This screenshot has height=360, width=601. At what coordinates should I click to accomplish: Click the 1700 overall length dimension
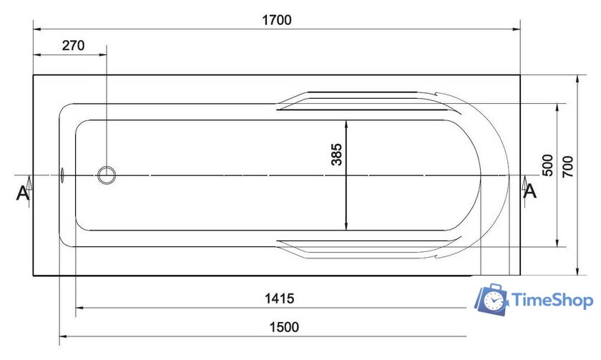pos(276,20)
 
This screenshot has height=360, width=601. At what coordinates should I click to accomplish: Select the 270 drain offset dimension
pos(73,46)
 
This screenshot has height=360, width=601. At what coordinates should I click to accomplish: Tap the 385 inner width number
pos(336,155)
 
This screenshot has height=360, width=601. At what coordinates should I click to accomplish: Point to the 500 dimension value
pos(548,165)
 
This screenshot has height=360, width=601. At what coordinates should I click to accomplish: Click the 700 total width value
pos(567,167)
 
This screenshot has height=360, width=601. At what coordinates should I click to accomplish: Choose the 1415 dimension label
pos(280,298)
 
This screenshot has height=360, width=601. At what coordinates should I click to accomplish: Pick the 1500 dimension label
pos(284,327)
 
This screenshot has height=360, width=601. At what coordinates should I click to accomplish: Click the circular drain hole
pos(107,175)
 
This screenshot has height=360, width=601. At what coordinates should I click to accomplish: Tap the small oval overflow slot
pos(62,175)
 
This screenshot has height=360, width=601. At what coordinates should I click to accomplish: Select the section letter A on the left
pos(22,193)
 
